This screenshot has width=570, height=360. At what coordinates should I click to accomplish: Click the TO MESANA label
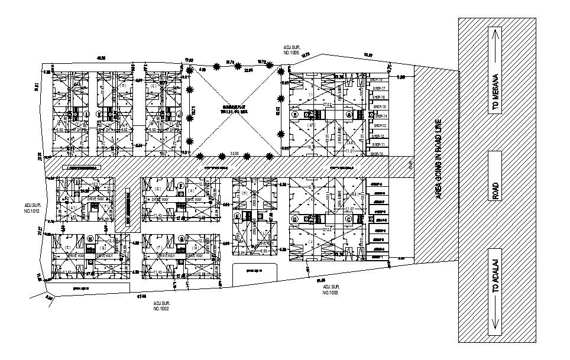click(x=495, y=93)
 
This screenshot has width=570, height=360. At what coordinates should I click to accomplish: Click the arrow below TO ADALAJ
click(x=495, y=325)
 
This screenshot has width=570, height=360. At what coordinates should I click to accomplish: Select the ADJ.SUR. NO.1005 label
click(x=292, y=50)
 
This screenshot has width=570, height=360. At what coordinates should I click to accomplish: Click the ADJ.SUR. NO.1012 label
click(x=31, y=207)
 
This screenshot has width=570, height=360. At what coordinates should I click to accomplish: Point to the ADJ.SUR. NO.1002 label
click(x=161, y=306)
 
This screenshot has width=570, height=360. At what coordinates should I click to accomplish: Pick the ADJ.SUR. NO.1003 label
click(x=331, y=290)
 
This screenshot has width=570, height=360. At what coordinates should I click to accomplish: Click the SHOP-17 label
click(x=378, y=88)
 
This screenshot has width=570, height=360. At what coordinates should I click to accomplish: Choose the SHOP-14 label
click(x=378, y=116)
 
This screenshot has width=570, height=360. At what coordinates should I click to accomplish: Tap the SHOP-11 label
click(x=378, y=144)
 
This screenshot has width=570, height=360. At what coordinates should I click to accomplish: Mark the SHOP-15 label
click(x=378, y=106)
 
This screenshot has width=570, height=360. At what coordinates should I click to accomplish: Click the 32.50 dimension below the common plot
click(x=234, y=154)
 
